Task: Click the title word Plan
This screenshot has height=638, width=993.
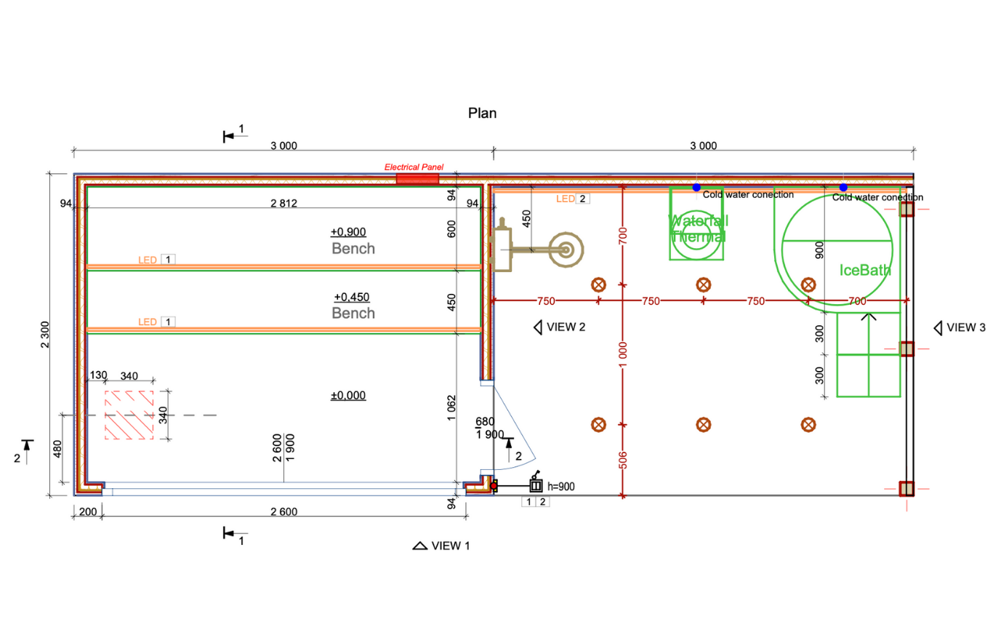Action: (x=482, y=113)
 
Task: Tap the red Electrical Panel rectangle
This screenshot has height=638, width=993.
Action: (x=417, y=179)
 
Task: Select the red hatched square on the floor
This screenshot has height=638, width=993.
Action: (x=129, y=415)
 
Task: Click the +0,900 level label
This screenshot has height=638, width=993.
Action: (x=348, y=232)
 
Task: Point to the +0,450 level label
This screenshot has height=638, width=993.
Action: (x=352, y=297)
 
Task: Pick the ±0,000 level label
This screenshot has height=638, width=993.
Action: (x=348, y=396)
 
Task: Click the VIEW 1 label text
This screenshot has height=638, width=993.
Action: (x=451, y=546)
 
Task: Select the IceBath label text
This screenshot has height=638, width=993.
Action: (x=865, y=271)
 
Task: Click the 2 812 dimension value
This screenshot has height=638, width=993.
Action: (x=283, y=202)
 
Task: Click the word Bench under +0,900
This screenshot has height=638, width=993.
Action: (x=353, y=249)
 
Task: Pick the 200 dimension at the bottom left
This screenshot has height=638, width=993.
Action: (x=87, y=511)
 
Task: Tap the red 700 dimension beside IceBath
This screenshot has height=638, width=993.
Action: (x=858, y=300)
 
